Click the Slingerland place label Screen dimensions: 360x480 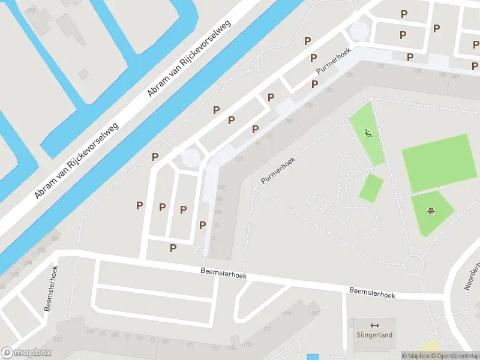[x=374, y=335]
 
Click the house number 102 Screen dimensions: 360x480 [x=221, y=187]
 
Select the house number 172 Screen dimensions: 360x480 [x=329, y=90]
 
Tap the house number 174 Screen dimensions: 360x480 [x=349, y=74]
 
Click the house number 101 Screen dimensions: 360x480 [x=219, y=199]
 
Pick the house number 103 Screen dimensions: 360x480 [x=239, y=159]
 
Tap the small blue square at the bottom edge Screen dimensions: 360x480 [x=313, y=357]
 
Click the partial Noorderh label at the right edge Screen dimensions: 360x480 [x=473, y=276]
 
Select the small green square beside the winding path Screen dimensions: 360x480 [x=371, y=188]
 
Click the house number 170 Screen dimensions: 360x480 [x=308, y=106]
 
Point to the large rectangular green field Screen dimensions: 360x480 [x=436, y=162]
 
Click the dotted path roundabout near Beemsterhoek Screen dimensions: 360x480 [x=413, y=263]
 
